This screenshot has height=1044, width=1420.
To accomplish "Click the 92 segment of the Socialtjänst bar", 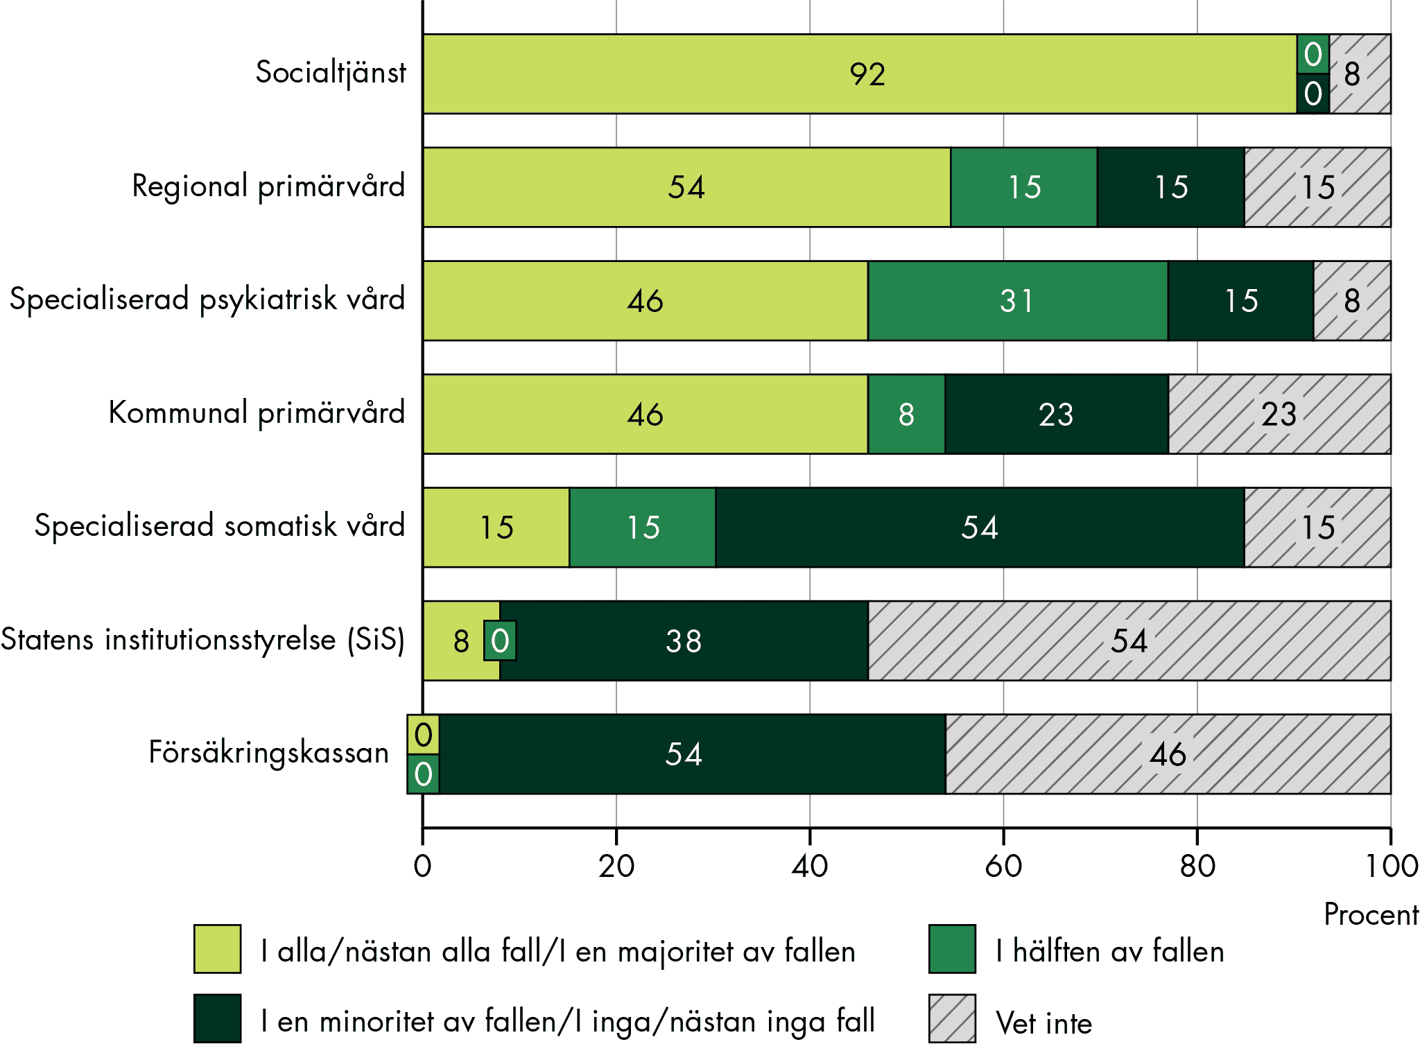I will pos(860,74).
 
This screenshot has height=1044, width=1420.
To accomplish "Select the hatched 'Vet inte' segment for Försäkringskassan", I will pos(1168,754).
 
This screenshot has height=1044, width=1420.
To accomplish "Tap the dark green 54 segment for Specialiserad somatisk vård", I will pos(979,528).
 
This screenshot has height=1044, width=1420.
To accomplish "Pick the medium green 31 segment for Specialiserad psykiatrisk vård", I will pos(1017,301).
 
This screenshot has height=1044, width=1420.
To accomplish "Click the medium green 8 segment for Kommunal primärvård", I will pos(906,415).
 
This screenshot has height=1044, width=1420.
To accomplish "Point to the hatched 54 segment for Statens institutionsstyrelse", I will pos(1129,641).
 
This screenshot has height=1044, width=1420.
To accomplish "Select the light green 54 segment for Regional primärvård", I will pos(686,187).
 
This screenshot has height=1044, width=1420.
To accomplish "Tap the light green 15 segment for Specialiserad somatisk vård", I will pos(496,528).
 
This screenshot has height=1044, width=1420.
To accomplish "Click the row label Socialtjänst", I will pos(330,73).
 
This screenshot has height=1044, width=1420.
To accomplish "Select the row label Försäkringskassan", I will pos(268,753).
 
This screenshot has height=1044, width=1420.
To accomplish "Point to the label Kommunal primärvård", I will pos(257,412).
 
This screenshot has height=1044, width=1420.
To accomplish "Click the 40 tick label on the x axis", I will pos(809,867).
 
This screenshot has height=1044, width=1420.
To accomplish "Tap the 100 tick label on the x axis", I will pos(1391,867).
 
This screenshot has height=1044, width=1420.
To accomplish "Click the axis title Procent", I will pos(1371,915).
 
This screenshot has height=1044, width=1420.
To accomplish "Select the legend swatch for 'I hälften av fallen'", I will pos(952,949).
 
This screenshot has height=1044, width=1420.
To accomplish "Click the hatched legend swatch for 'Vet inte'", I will pos(952,1018).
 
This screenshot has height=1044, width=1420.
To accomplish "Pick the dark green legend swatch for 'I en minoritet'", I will pos(217,1018).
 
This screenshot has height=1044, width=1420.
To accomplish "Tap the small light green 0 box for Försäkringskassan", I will pos(423,734).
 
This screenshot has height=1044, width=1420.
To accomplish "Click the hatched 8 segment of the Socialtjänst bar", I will pos(1360,74).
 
